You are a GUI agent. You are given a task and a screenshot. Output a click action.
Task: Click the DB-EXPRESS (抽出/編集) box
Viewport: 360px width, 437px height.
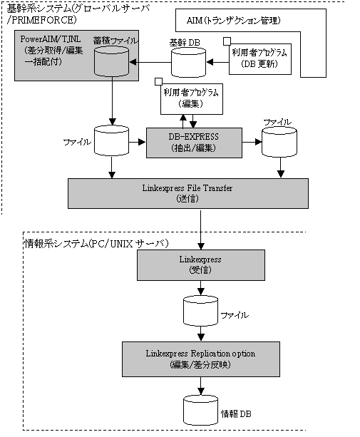194,143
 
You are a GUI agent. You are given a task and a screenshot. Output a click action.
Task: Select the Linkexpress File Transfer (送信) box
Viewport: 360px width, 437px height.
188,193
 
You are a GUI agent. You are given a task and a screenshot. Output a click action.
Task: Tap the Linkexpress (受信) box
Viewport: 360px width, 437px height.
201,265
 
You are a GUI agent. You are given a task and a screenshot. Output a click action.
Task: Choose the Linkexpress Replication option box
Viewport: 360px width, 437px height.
201,359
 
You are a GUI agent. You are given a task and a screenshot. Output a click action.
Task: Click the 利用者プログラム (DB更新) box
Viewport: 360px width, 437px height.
260,58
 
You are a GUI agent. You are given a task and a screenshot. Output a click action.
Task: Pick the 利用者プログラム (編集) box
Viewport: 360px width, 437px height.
192,99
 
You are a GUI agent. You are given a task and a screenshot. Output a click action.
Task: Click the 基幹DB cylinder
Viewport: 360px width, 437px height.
188,63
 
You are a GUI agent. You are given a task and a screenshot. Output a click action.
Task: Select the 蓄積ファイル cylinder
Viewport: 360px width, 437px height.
111,61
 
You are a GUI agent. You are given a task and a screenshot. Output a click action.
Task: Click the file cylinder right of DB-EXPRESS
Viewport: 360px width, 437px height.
279,142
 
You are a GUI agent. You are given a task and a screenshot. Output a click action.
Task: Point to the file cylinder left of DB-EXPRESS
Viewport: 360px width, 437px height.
111,140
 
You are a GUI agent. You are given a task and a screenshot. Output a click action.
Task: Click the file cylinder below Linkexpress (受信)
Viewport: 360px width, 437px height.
200,311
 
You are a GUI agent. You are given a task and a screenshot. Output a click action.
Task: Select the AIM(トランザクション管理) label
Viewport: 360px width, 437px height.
234,21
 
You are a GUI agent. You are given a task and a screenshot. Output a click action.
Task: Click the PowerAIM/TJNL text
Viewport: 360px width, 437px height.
51,38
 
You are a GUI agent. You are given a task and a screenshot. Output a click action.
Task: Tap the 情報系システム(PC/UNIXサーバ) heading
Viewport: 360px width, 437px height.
97,244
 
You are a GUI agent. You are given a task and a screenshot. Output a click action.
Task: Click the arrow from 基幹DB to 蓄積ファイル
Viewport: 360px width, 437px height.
150,62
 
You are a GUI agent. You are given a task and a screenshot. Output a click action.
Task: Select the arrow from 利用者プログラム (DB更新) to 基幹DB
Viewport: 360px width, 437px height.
217,62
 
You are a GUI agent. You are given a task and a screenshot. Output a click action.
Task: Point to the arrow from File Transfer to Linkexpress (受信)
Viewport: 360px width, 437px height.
201,229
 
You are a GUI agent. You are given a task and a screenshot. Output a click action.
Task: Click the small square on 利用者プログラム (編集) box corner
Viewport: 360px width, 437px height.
158,81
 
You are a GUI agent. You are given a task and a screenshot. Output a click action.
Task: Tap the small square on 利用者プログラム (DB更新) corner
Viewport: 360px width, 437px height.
227,41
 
